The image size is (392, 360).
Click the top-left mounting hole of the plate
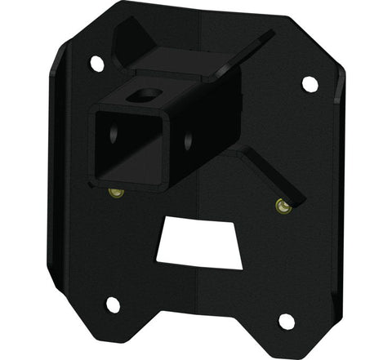coord(96,63)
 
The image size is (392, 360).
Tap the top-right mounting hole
coord(310,83)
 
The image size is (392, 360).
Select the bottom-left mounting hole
coord(113,304)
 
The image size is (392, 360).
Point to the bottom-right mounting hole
coord(287,321)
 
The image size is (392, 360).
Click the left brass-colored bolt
coord(116,193)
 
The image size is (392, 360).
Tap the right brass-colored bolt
coord(283,207)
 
